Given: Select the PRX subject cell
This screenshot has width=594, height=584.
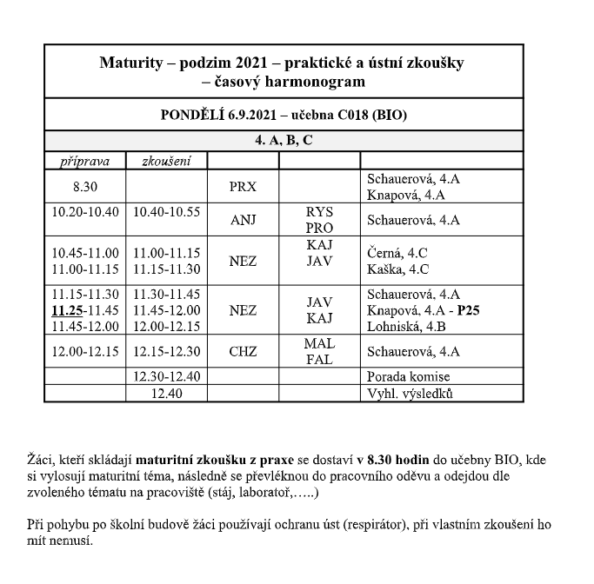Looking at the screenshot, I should [x=243, y=187].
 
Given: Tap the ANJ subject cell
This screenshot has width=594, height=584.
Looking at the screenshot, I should [x=243, y=220].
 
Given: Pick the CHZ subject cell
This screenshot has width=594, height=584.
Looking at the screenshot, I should [x=243, y=352].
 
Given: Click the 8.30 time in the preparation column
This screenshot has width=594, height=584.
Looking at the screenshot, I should [x=85, y=187].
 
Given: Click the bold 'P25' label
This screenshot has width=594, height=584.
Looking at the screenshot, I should [x=471, y=310].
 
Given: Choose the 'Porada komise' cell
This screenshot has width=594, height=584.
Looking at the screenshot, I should [x=410, y=376].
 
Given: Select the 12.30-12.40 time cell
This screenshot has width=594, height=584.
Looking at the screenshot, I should [x=167, y=376].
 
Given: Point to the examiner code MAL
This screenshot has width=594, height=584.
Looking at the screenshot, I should [x=319, y=344].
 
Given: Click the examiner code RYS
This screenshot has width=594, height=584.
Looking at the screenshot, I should [x=319, y=212].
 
